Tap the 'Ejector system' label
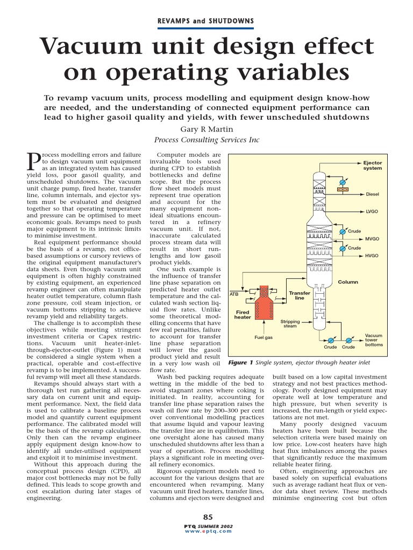372,165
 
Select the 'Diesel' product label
373,194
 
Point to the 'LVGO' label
372,212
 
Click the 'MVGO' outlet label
372,238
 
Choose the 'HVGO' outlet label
372,256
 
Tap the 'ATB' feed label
234,294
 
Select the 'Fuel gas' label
264,337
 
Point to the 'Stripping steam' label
290,324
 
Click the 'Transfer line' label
300,295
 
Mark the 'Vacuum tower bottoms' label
374,339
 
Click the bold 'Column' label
348,281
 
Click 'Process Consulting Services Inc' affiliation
206,140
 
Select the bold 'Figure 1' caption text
241,363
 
